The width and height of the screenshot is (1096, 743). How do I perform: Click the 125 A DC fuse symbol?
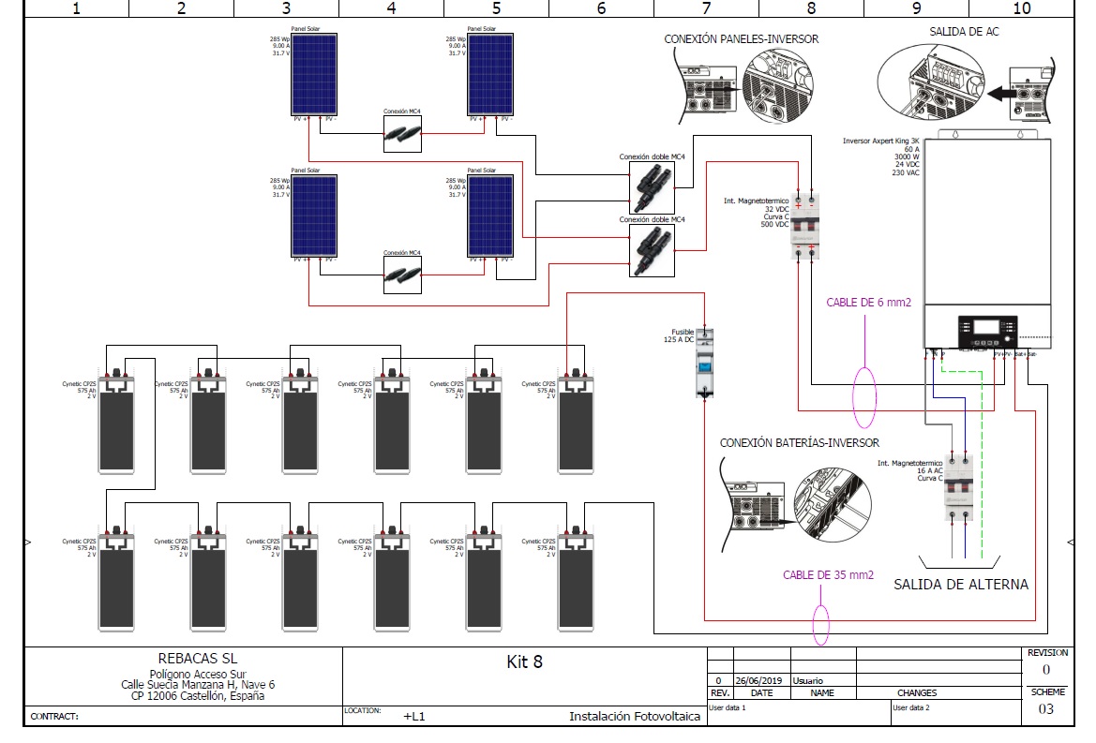tap(705, 364)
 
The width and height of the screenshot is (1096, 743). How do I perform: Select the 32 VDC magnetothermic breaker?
tap(804, 226)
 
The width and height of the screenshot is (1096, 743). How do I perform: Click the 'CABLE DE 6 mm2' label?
tap(868, 303)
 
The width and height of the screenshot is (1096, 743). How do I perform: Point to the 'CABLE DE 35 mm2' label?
tap(828, 574)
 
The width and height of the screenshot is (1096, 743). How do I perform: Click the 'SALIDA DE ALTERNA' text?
tap(960, 585)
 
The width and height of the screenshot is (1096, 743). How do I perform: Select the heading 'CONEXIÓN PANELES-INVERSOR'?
tap(741, 39)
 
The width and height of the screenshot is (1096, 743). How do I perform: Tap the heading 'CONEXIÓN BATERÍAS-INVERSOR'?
tap(799, 442)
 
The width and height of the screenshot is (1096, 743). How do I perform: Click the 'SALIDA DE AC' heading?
tap(964, 32)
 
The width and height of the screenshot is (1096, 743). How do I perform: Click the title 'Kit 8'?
tap(524, 661)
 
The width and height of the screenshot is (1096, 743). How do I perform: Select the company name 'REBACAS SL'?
tap(198, 659)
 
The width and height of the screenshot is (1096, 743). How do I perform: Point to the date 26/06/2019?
tap(755, 681)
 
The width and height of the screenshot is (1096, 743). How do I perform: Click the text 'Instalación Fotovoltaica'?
tap(635, 717)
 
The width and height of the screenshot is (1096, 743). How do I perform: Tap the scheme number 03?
tap(1045, 709)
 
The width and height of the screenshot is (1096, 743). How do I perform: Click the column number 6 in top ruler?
tap(601, 8)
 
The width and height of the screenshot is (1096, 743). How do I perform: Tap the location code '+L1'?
tap(414, 717)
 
